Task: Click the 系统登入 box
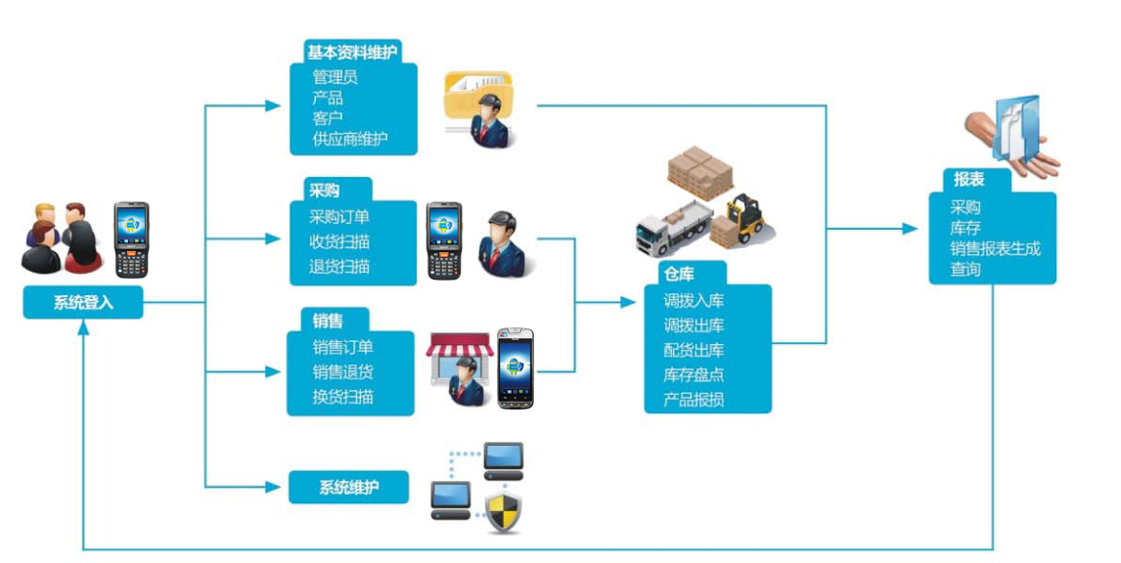[x=83, y=303]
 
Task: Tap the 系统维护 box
[x=348, y=487]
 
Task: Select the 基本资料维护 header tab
[x=352, y=53]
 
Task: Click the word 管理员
[x=335, y=76]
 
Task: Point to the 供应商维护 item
[x=350, y=139]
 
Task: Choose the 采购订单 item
[x=339, y=217]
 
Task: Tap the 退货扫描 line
[x=339, y=266]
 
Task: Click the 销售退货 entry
[x=342, y=371]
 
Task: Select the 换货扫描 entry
[x=342, y=397]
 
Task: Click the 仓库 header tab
[x=679, y=275]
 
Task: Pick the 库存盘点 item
[x=694, y=374]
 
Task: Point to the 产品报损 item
[x=694, y=399]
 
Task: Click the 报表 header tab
[x=968, y=180]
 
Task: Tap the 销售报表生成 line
[x=995, y=248]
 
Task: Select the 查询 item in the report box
[x=965, y=269]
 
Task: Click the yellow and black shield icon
[x=504, y=512]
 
